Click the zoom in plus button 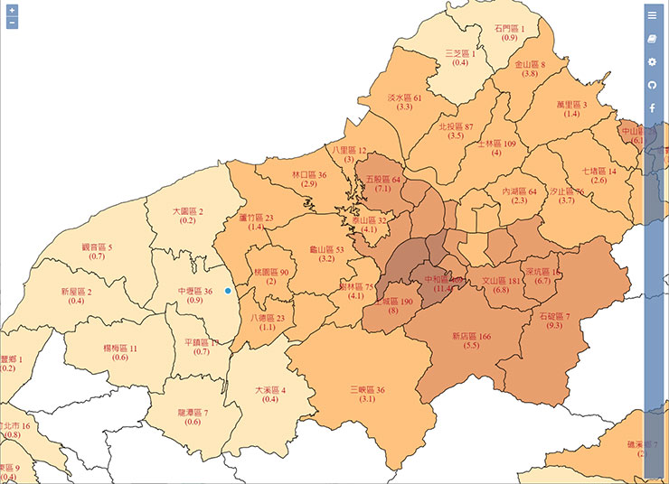point(12,10)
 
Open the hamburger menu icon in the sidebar point(652,14)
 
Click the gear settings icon point(652,61)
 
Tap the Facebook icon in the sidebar point(652,108)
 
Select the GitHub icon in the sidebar point(652,85)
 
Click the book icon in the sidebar point(652,38)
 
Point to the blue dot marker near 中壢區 point(228,291)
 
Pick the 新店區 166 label point(470,336)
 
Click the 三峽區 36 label point(367,390)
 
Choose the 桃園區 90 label point(270,272)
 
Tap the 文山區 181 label point(502,281)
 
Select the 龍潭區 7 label point(192,413)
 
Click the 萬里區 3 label point(571,105)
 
